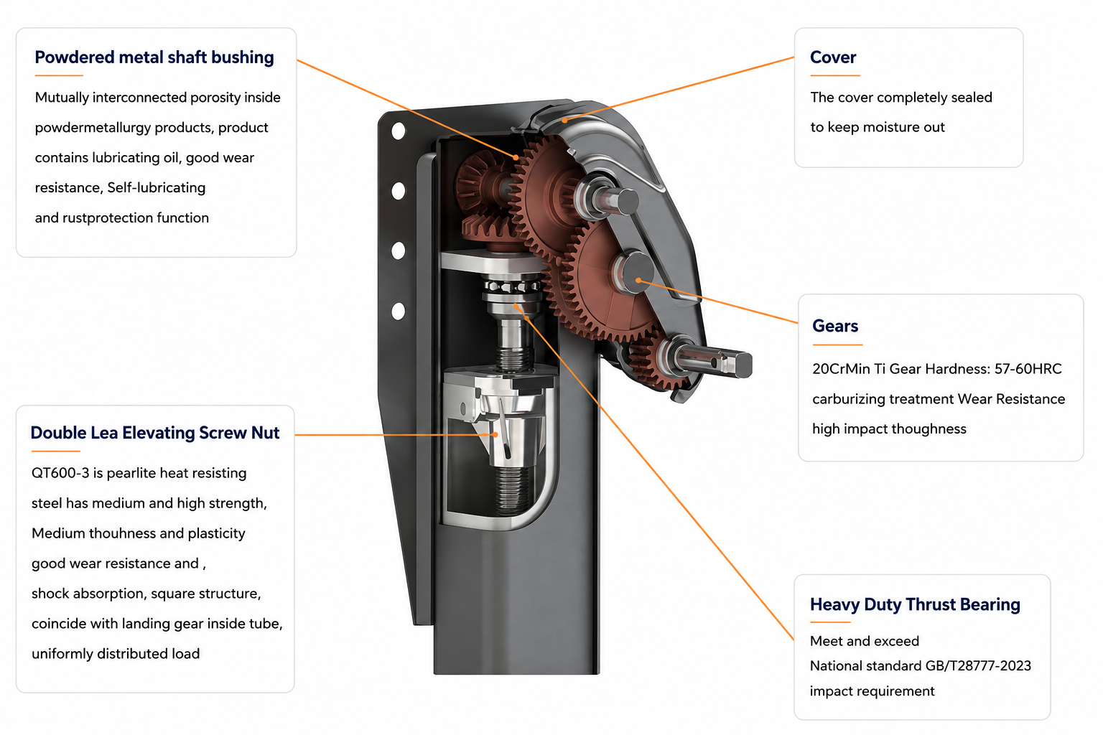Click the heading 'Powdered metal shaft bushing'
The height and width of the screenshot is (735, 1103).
click(x=154, y=57)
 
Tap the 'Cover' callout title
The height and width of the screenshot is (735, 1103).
click(x=833, y=57)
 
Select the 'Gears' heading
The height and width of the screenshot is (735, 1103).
click(x=834, y=326)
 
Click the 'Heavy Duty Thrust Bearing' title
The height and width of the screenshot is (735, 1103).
click(x=915, y=604)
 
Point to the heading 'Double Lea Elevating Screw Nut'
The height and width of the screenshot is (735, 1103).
click(x=154, y=433)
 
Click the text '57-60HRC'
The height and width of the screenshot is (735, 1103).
click(x=1028, y=369)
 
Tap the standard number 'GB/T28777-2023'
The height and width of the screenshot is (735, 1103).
click(x=978, y=665)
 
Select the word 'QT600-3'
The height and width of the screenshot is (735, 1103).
click(x=60, y=473)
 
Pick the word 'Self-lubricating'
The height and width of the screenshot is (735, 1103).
click(x=156, y=187)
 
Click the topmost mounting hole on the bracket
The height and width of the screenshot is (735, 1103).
click(x=399, y=131)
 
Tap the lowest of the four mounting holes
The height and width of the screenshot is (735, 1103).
click(x=399, y=311)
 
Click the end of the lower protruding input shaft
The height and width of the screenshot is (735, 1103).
click(x=743, y=365)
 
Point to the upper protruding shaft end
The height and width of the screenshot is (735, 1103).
click(x=628, y=202)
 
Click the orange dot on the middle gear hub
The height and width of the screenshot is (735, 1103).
click(x=638, y=280)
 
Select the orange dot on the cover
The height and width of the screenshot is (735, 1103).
click(x=565, y=120)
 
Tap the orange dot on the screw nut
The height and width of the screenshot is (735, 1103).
click(x=495, y=435)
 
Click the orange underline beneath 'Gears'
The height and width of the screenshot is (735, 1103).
click(x=837, y=345)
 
